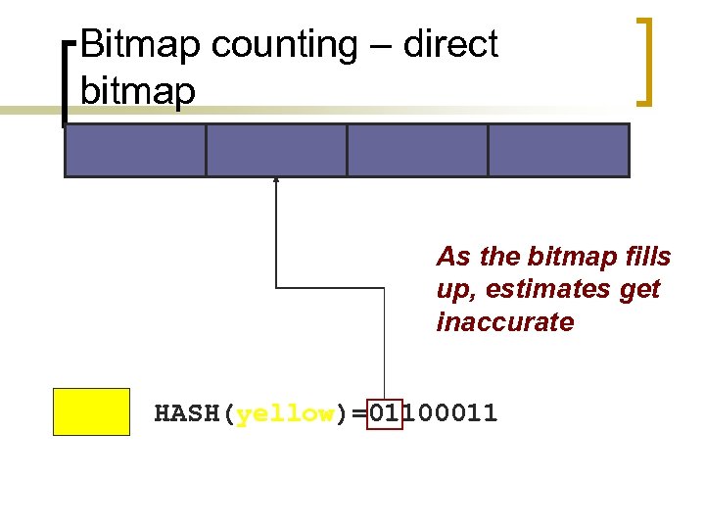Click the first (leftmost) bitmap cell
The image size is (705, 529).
click(135, 150)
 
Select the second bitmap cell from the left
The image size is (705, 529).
click(276, 150)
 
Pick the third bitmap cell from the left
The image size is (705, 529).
click(417, 150)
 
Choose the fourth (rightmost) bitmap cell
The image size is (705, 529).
click(558, 150)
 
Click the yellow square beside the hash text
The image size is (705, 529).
click(91, 411)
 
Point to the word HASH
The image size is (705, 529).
click(189, 413)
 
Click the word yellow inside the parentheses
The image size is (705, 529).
click(285, 413)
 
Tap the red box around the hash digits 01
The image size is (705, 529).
click(385, 413)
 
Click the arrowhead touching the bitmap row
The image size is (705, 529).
click(276, 180)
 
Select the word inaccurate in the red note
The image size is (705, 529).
click(504, 322)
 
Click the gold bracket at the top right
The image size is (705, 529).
click(645, 61)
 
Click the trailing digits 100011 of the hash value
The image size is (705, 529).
click(450, 413)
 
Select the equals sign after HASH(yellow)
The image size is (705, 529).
click(359, 413)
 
